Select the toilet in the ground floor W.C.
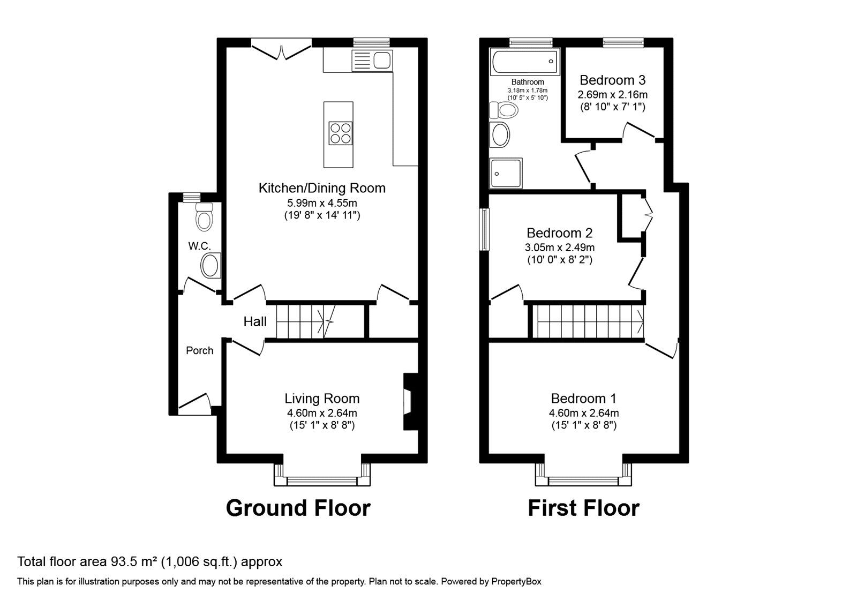(x=204, y=216)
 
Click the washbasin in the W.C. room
(x=210, y=266)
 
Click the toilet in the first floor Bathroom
(x=504, y=110)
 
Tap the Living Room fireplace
(x=410, y=401)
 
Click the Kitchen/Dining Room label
(x=322, y=188)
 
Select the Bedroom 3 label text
(x=612, y=80)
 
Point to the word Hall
(x=255, y=321)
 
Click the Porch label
(x=199, y=350)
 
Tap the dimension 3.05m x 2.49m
(x=559, y=247)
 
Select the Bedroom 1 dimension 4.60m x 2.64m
(x=584, y=413)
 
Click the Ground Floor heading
(x=298, y=508)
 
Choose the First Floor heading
(x=583, y=508)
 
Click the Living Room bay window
(x=322, y=480)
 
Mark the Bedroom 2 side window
(x=484, y=229)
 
